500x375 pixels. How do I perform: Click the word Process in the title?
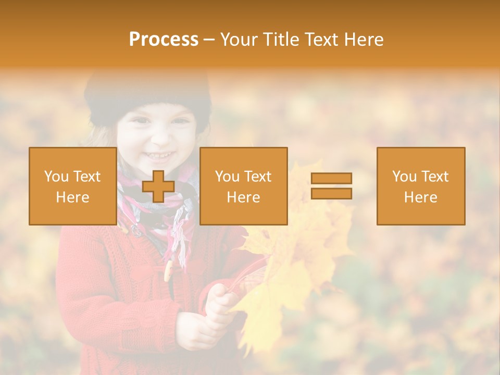[x=164, y=40]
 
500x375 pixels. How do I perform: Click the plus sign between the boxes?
[x=158, y=186]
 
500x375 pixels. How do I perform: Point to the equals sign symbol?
[x=331, y=186]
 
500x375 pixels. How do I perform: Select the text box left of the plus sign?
[x=73, y=186]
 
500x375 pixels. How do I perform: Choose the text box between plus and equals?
[x=243, y=186]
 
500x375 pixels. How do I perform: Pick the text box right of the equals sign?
[x=420, y=186]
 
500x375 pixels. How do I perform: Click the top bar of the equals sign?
[x=331, y=179]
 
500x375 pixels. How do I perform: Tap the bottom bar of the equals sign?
[x=331, y=193]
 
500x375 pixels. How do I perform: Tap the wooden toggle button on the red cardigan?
[x=168, y=271]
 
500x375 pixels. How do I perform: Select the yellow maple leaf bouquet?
[x=292, y=250]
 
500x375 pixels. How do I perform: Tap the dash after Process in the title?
[x=209, y=40]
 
